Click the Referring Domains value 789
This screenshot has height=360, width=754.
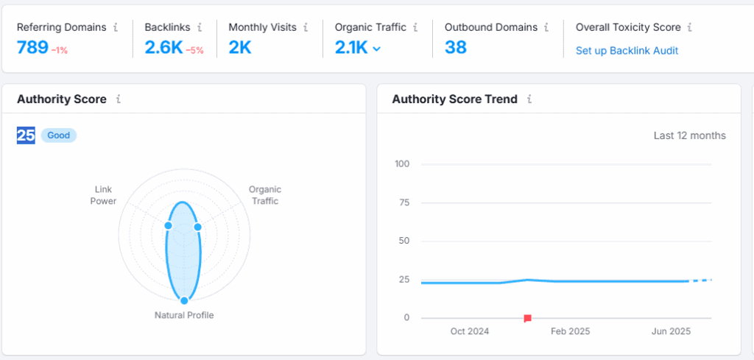pos(32,48)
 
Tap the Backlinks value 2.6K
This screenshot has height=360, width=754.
pos(163,48)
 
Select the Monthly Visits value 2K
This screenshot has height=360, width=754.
pos(240,48)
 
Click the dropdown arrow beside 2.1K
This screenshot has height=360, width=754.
pos(377,49)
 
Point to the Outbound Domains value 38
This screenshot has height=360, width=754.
pos(456,48)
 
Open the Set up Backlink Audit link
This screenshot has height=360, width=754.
pos(627,51)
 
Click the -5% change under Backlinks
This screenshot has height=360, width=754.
pos(195,50)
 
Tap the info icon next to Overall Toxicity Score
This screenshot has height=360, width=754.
pos(689,27)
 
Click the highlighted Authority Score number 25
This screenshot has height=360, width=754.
pos(26,135)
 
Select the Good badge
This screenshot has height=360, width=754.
pos(59,135)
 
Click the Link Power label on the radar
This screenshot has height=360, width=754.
pos(103,195)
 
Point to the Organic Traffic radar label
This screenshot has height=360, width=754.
pos(265,195)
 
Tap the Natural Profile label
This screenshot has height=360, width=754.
pos(184,315)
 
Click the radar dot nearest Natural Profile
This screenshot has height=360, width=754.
pos(184,300)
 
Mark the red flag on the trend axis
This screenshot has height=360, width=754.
pos(527,318)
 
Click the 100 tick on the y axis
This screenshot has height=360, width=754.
pos(402,163)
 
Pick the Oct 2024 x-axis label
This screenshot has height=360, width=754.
pos(469,331)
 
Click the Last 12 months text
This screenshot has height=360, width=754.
pos(689,135)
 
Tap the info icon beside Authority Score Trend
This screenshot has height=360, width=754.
pos(529,99)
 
